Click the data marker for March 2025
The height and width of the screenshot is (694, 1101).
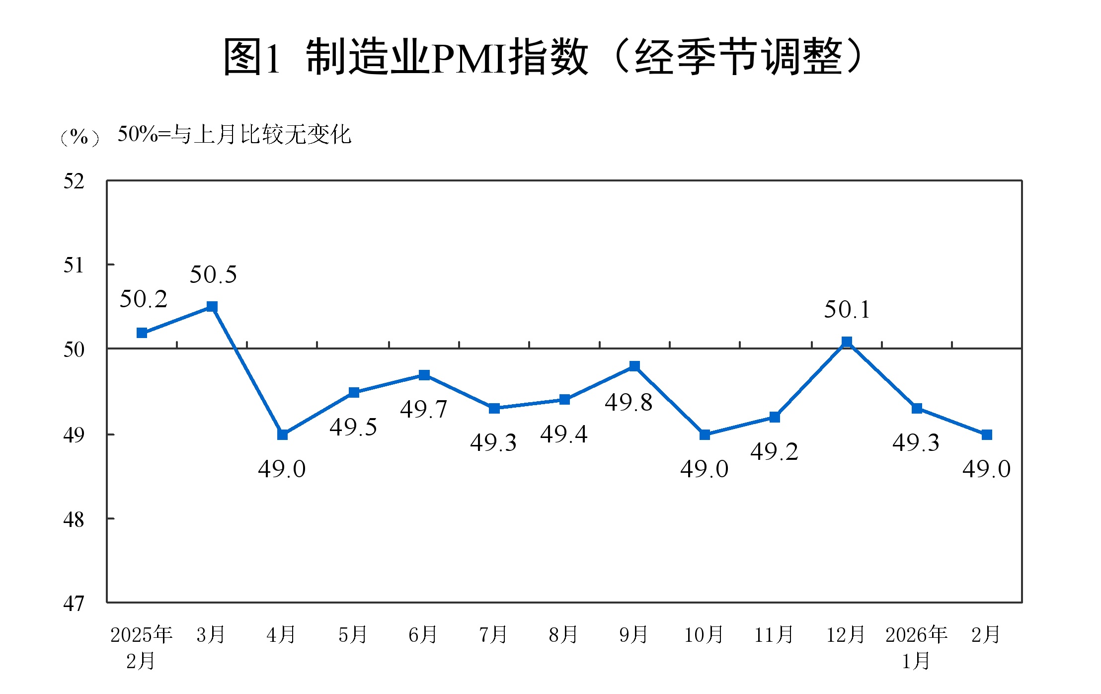click(x=212, y=306)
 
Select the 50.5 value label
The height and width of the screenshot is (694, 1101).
click(x=213, y=274)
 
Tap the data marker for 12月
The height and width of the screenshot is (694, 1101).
click(x=847, y=342)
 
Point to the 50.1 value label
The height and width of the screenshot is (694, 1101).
click(x=847, y=310)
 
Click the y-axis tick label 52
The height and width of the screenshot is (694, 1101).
click(x=74, y=181)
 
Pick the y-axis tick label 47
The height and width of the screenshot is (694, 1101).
click(x=74, y=604)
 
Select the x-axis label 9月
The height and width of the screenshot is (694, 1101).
click(x=633, y=635)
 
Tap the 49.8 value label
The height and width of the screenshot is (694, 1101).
click(x=629, y=402)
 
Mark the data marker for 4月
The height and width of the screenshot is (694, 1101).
click(x=282, y=434)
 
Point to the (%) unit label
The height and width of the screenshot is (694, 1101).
click(x=79, y=136)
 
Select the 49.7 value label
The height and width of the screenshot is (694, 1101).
click(x=424, y=409)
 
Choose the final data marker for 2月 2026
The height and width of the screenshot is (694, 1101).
click(x=987, y=434)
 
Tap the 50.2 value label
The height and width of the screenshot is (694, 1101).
click(x=143, y=299)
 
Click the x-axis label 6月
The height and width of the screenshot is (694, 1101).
click(x=423, y=635)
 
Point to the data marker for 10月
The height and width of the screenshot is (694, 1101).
click(x=705, y=434)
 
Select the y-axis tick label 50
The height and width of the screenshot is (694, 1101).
click(x=74, y=349)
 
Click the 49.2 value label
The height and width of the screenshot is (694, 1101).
click(x=774, y=451)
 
